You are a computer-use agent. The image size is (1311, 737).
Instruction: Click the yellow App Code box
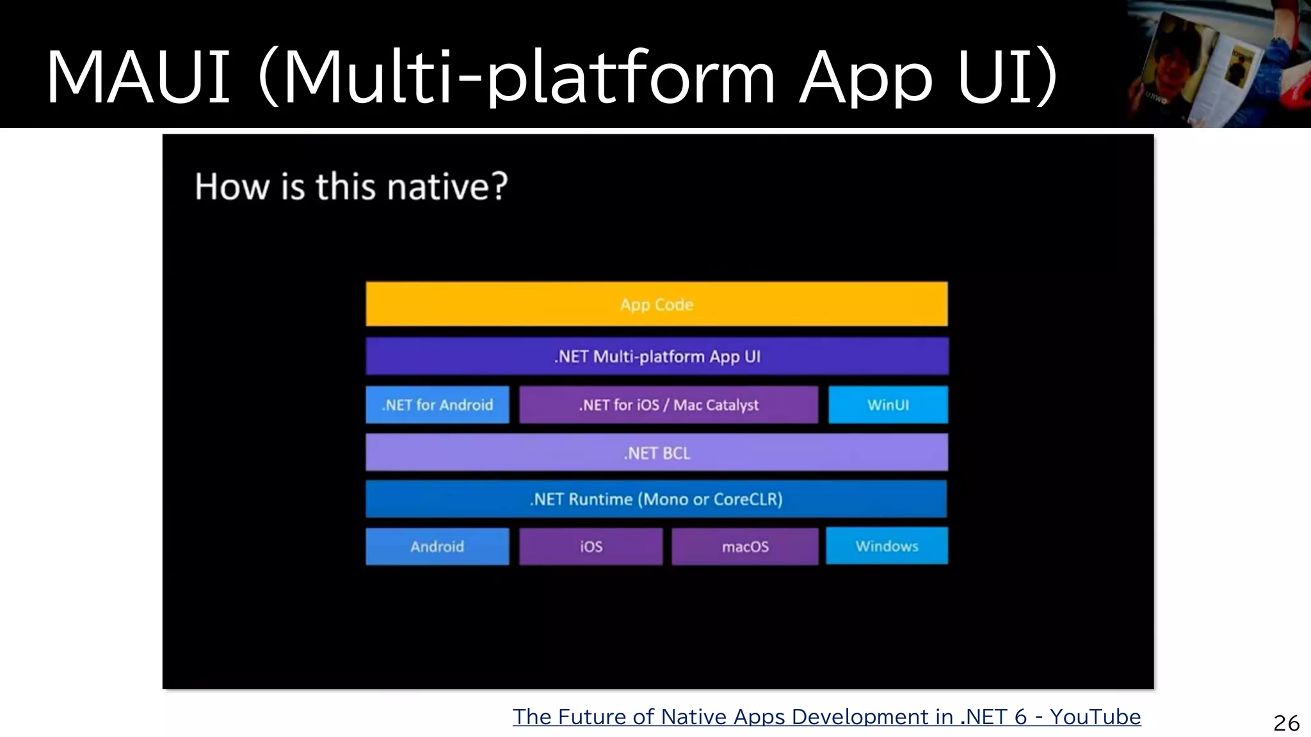(x=656, y=304)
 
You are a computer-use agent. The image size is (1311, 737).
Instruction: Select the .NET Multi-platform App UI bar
(x=656, y=356)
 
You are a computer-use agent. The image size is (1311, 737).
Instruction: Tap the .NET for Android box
(x=437, y=404)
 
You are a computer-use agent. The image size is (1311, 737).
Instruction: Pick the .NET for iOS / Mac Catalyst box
(x=668, y=404)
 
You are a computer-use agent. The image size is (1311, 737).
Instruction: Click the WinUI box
(x=888, y=404)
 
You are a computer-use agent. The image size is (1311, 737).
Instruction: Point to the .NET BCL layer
(x=656, y=453)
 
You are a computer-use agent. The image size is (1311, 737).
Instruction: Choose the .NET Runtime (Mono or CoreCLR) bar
(x=656, y=499)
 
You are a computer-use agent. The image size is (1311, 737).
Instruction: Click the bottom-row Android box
(x=437, y=546)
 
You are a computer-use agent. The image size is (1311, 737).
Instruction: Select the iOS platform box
(x=591, y=546)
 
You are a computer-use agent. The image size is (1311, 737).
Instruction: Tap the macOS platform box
(x=745, y=546)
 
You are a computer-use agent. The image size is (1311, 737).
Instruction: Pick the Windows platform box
(x=887, y=546)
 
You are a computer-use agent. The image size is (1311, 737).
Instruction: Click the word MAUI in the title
(x=138, y=78)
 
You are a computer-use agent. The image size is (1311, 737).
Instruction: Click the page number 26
(x=1286, y=723)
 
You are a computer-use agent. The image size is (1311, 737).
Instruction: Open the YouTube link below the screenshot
(x=826, y=717)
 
